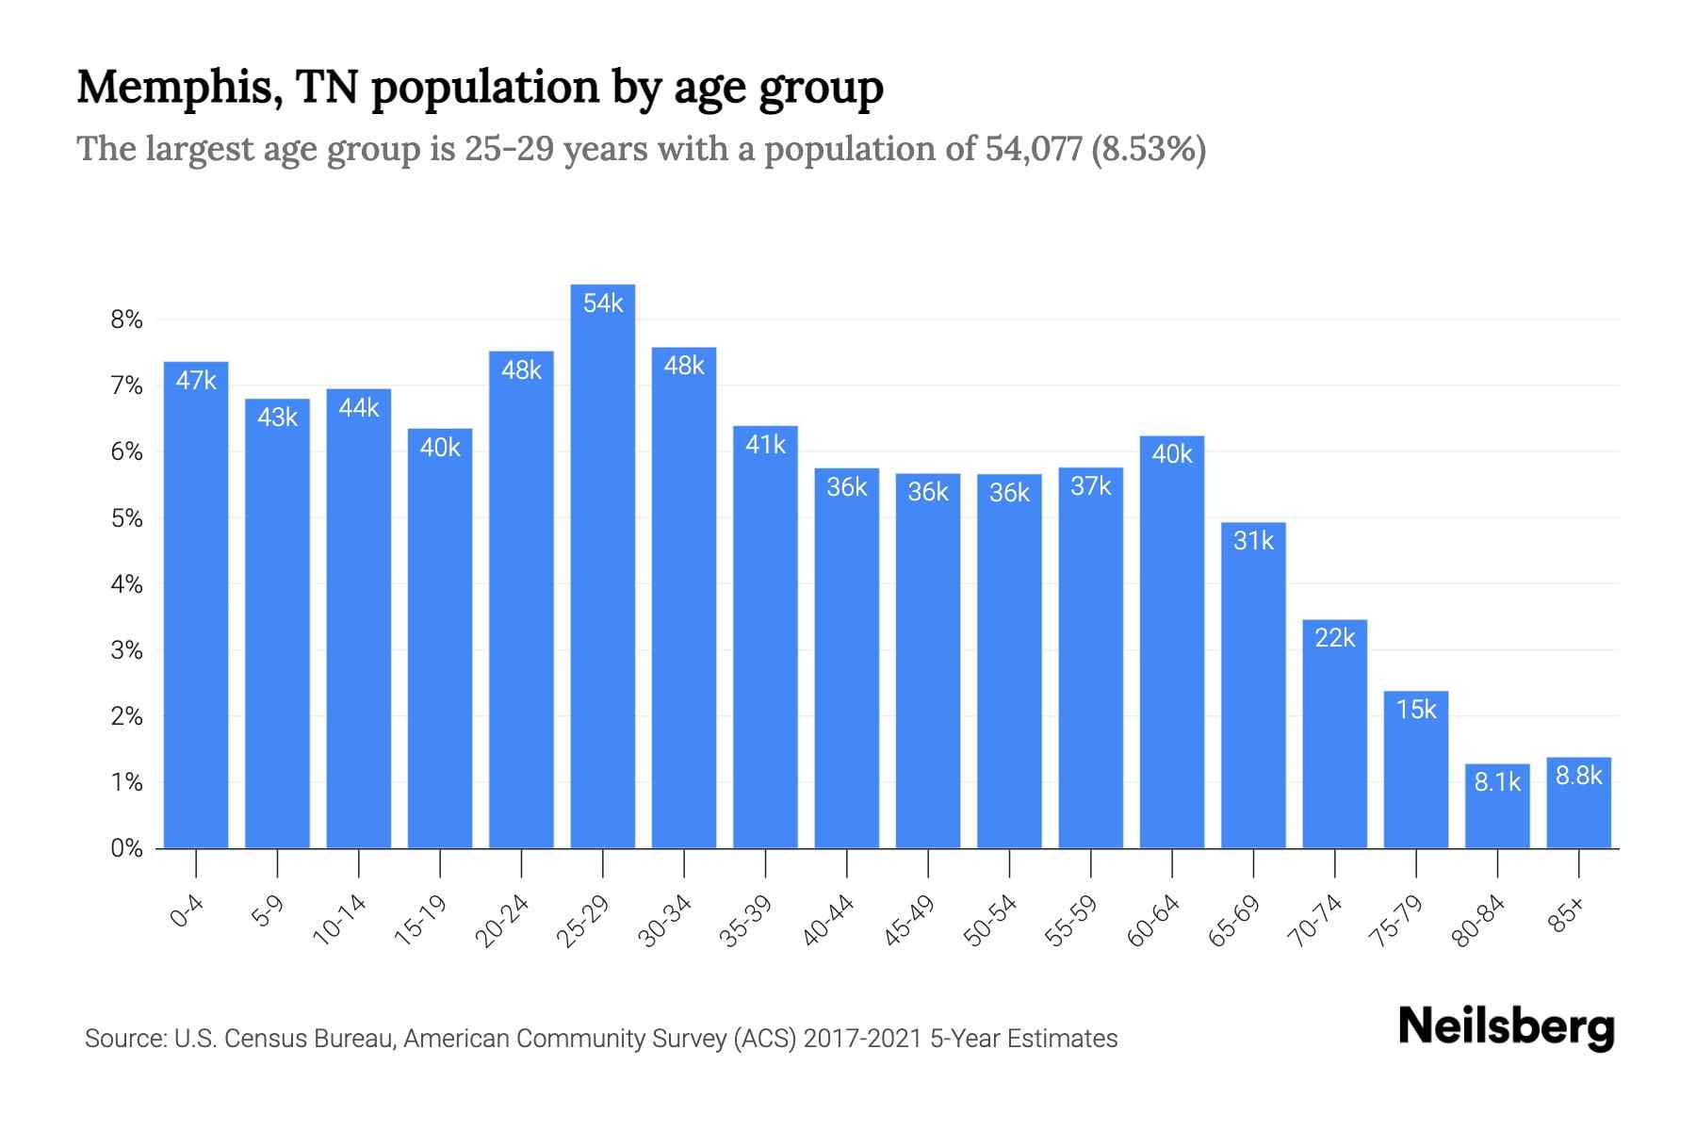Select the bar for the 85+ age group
1578,806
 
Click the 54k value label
603,303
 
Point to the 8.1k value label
1497,781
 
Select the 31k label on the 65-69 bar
1253,541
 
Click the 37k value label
1090,486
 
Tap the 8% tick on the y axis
126,320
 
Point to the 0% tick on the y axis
126,848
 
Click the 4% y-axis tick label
126,584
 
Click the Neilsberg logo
1506,1026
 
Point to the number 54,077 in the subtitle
1033,149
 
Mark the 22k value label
1334,638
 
